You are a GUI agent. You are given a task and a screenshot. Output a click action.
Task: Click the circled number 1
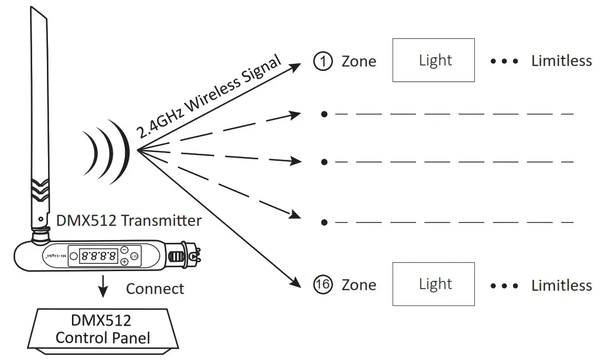(x=323, y=61)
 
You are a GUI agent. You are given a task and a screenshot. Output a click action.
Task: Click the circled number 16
(x=323, y=285)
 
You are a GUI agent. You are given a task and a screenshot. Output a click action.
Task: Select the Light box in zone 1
(x=433, y=60)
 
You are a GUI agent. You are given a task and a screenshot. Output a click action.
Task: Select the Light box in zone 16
(x=433, y=284)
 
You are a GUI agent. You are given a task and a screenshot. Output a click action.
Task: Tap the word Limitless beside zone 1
(x=561, y=61)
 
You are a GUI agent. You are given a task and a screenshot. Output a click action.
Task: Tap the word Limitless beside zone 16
(x=561, y=285)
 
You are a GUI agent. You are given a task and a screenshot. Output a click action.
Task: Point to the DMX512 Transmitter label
(x=129, y=220)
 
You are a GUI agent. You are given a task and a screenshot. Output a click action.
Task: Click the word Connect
(x=155, y=288)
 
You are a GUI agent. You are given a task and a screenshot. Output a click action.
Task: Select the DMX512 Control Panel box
(x=103, y=328)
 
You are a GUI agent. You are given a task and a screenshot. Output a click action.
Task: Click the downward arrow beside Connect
(x=102, y=288)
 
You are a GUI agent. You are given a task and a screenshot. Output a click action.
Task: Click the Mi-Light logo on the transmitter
(x=56, y=255)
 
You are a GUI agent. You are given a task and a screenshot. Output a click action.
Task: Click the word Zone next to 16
(x=359, y=285)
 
